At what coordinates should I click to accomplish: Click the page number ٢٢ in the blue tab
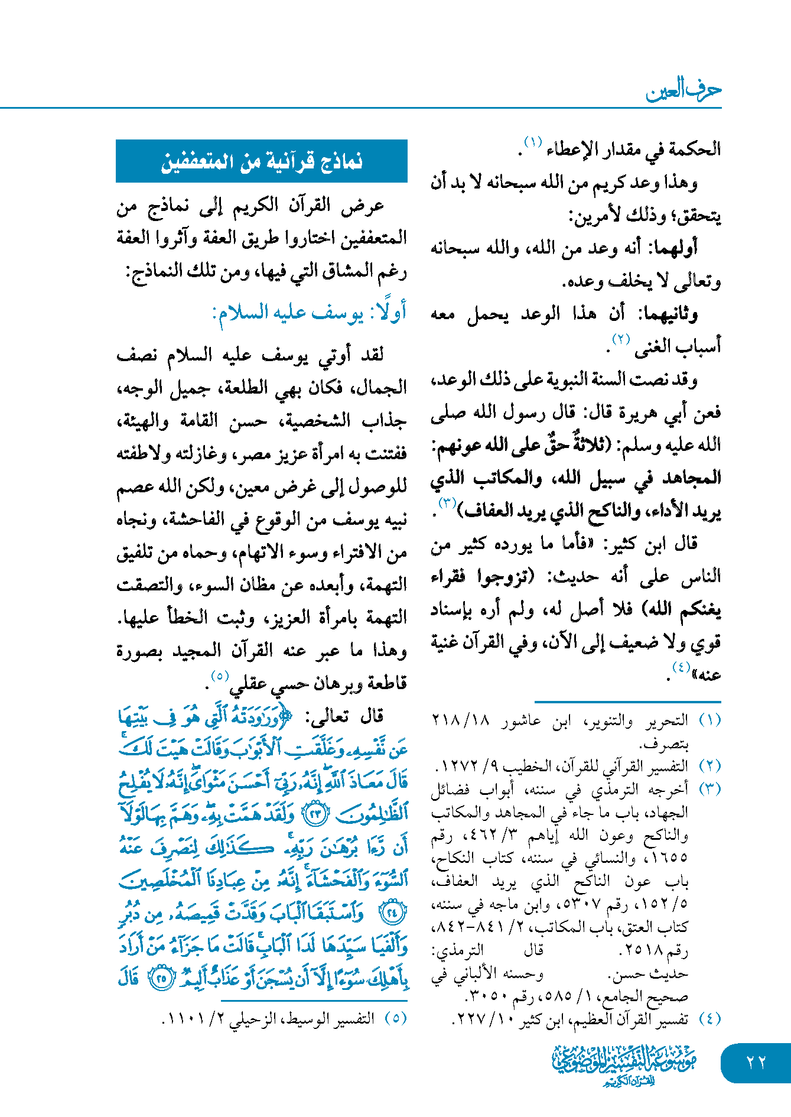tap(756, 1062)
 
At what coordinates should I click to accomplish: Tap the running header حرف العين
tap(683, 90)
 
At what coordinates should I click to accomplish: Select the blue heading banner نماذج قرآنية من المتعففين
tap(262, 161)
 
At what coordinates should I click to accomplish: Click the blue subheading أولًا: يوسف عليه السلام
tap(310, 312)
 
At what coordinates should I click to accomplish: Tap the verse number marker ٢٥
tap(161, 978)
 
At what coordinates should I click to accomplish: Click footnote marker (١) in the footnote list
tap(709, 720)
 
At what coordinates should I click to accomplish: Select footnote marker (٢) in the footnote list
tap(709, 766)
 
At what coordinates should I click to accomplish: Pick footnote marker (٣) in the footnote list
tap(709, 789)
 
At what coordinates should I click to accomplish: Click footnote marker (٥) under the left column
tap(395, 1018)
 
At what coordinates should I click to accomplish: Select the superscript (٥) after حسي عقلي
tap(220, 675)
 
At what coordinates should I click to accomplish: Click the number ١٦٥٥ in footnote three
tap(670, 858)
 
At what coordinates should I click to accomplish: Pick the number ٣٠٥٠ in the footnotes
tap(487, 996)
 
